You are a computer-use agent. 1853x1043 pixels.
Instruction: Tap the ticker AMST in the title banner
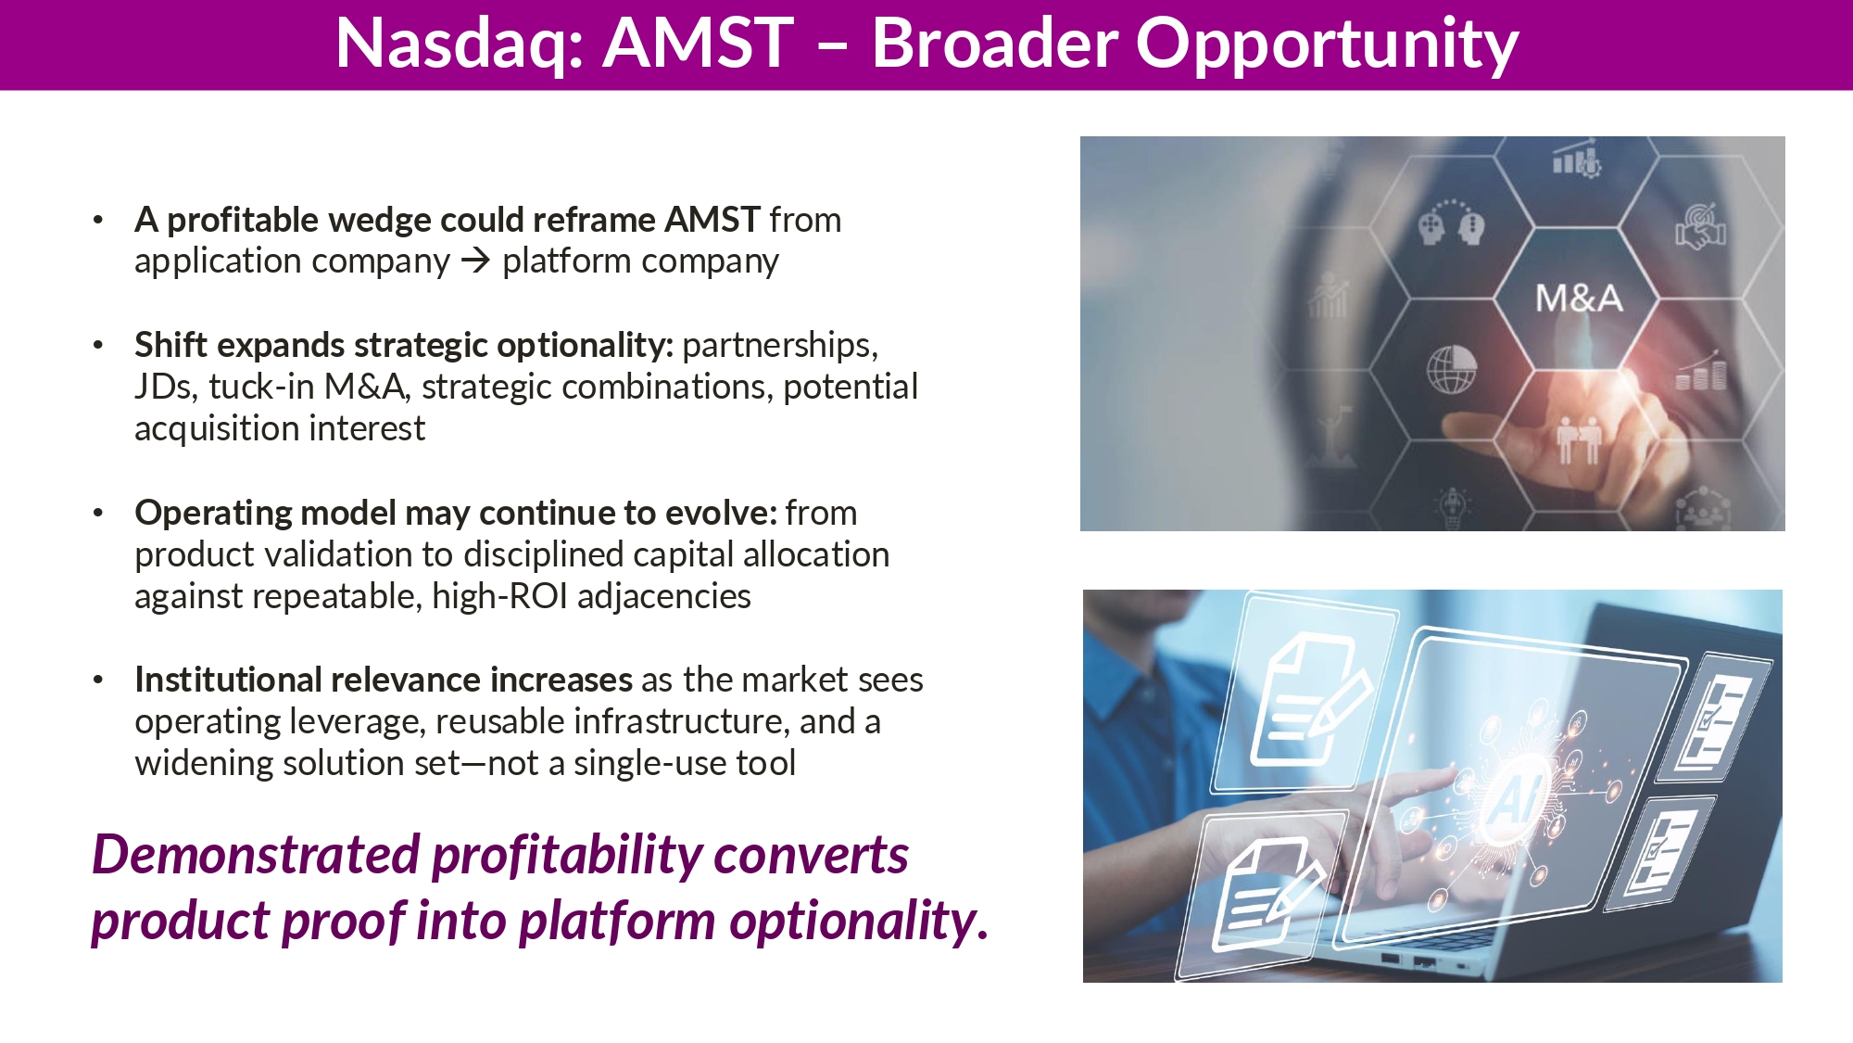(x=699, y=43)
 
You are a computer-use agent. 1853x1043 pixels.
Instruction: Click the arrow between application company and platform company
(x=475, y=261)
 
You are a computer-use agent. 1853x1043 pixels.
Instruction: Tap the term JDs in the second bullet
(x=164, y=387)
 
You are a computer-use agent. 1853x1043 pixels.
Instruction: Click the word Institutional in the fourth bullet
(x=228, y=680)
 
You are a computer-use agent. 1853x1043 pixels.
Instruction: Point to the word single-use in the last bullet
(x=650, y=764)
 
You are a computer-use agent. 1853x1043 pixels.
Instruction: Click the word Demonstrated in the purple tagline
(x=257, y=855)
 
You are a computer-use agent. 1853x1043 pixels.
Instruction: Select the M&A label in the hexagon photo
(x=1579, y=299)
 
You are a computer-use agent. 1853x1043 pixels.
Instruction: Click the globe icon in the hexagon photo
(x=1451, y=369)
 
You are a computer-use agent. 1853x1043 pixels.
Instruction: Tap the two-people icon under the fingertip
(x=1579, y=440)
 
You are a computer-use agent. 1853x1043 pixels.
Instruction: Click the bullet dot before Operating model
(x=98, y=513)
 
